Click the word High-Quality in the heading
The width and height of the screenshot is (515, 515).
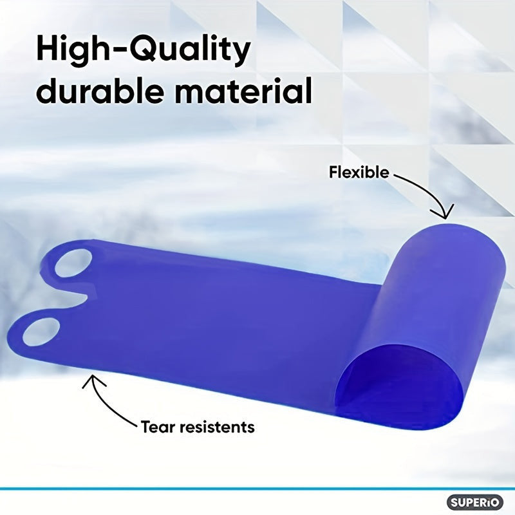144,50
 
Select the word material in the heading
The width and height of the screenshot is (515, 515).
243,89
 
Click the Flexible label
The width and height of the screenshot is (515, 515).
359,172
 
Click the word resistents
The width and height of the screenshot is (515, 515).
217,427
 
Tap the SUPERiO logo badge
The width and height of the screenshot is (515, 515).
475,502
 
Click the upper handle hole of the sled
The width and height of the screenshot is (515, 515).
73,263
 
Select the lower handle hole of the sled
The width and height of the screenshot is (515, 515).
41,332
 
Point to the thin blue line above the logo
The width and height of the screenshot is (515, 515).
257,489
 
